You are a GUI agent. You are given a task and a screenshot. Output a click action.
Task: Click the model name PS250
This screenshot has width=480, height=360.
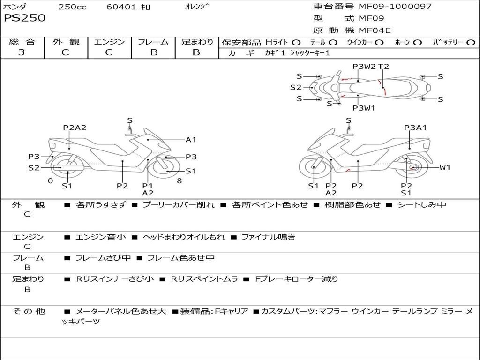25,18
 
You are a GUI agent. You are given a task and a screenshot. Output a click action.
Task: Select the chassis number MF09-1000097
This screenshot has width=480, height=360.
395,7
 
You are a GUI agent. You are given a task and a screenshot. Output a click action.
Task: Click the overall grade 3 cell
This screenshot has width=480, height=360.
22,52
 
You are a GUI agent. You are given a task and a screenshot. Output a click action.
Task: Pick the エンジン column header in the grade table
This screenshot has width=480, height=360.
109,42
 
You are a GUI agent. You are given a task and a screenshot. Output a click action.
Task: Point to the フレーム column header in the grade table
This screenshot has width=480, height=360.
153,42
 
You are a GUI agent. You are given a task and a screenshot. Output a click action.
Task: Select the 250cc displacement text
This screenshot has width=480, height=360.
72,7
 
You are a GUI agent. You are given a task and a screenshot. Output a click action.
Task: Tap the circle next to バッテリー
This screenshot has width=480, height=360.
471,43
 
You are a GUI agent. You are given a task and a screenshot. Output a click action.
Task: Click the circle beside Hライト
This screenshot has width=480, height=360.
296,43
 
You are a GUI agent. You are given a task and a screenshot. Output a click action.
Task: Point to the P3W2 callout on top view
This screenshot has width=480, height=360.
364,67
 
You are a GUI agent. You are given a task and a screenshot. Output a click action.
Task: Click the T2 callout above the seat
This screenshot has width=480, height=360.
383,67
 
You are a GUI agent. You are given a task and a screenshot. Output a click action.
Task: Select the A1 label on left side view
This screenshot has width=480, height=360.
191,140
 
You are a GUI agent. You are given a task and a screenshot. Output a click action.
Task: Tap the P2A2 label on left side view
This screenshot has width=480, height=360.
75,127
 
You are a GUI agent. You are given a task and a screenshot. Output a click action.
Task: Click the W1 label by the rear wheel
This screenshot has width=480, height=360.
444,167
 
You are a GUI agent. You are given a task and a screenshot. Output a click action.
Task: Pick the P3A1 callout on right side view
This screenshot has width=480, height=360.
415,127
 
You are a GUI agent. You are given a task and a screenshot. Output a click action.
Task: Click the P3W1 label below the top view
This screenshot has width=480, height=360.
364,108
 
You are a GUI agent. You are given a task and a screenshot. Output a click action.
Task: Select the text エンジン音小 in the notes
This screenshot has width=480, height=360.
101,237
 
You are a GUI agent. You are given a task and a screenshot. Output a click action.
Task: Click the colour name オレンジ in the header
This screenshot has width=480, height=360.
196,7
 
